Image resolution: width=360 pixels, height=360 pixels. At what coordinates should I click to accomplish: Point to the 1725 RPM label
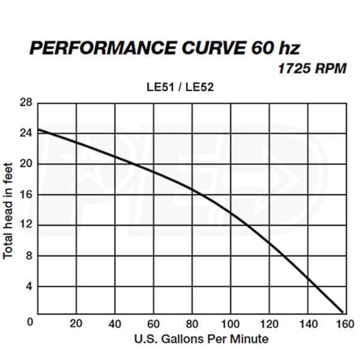(311, 68)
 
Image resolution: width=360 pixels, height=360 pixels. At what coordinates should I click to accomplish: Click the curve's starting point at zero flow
(38, 130)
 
